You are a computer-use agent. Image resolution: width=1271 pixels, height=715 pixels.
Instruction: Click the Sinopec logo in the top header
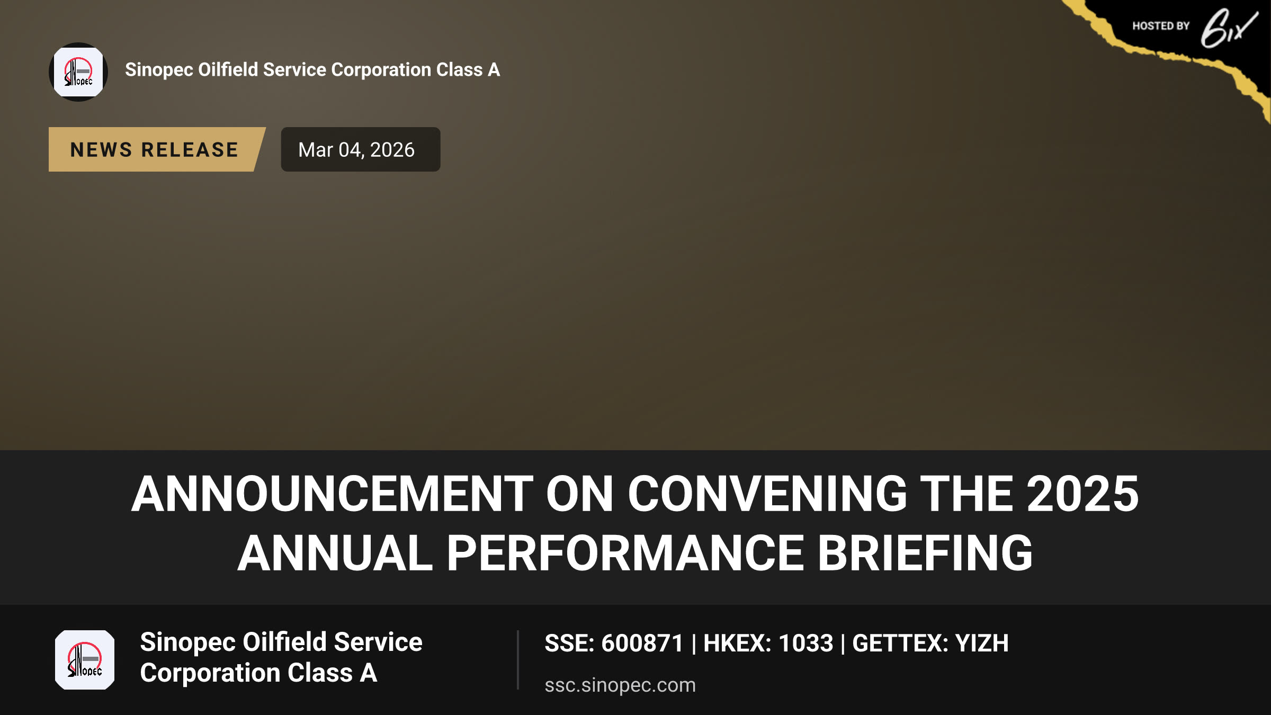pos(78,72)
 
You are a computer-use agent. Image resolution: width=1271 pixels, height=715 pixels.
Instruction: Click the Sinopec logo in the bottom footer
pos(85,660)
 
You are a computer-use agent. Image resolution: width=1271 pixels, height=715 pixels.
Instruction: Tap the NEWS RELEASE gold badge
pos(157,149)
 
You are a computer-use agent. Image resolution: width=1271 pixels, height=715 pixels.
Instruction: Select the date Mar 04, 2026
pos(356,150)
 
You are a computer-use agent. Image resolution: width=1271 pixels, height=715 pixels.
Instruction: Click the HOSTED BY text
pos(1161,26)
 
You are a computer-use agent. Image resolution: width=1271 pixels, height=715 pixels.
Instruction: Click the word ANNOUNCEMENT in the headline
pos(332,494)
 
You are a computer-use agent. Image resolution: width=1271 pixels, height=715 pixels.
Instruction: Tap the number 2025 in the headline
pos(1083,494)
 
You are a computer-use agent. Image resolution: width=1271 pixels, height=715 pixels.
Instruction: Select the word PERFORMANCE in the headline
pos(625,553)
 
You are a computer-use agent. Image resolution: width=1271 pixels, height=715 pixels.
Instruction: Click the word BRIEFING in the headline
pos(925,553)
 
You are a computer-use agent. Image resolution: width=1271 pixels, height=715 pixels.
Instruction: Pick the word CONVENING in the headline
pos(767,494)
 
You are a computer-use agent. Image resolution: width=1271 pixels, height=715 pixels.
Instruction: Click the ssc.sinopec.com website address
pos(620,685)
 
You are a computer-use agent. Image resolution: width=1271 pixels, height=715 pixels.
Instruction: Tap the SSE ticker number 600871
pos(642,643)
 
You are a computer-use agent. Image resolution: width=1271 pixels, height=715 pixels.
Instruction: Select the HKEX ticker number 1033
pos(806,643)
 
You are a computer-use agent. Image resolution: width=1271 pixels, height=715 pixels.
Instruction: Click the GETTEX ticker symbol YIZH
pos(982,643)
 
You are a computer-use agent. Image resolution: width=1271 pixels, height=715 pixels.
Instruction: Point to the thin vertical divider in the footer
pos(518,660)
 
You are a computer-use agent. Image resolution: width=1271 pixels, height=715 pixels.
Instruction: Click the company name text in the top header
pos(312,70)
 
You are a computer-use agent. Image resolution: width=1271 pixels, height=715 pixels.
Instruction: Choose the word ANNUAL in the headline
pos(335,553)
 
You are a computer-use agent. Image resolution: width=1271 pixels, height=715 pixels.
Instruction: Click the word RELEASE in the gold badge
pos(190,150)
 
